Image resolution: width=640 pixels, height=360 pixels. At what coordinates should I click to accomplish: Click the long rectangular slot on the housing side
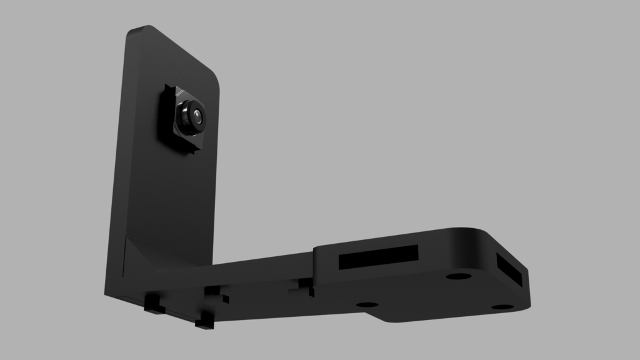[378, 256]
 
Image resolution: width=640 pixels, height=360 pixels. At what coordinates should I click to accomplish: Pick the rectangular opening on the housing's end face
[511, 269]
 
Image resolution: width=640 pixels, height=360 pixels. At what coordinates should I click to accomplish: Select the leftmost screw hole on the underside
[367, 304]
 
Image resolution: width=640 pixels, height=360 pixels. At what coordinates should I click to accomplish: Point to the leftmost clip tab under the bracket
[153, 304]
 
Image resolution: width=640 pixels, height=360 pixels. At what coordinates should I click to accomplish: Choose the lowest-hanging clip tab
[204, 322]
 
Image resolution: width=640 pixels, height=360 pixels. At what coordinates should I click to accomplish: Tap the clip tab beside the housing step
[306, 286]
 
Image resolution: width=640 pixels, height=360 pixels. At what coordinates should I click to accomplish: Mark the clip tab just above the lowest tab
[216, 294]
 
